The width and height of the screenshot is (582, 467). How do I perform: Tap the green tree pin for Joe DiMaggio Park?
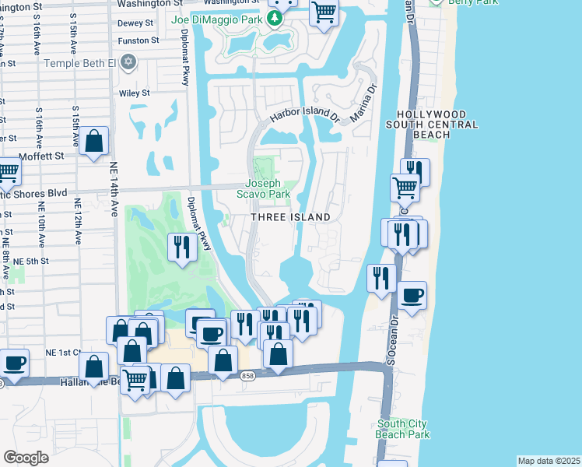tap(275, 19)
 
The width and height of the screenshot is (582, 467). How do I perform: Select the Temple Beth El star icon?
tap(129, 62)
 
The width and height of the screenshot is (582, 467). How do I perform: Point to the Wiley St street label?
tap(135, 93)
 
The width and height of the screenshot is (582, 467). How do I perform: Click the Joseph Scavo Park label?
tap(268, 188)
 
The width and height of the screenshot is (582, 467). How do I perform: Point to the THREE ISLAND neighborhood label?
tap(290, 217)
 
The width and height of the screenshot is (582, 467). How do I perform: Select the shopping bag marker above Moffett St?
tap(93, 142)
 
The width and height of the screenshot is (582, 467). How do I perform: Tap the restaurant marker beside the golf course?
tap(181, 247)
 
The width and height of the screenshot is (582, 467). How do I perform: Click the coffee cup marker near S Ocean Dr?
tap(412, 295)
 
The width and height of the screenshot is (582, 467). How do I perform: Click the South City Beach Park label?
tap(402, 429)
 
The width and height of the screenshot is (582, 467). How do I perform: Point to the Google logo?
tap(26, 458)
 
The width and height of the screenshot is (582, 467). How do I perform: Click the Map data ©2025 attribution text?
tap(549, 461)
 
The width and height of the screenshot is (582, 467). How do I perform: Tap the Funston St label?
tap(138, 40)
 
